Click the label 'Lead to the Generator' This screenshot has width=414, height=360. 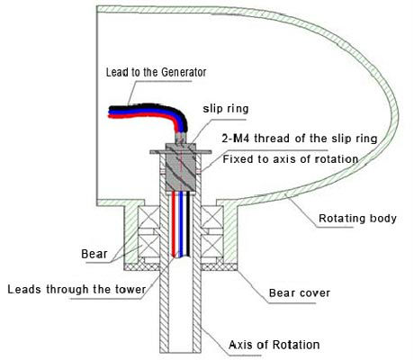(x=157, y=72)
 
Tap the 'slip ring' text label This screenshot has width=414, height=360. (x=226, y=109)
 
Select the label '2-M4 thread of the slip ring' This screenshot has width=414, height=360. (x=300, y=139)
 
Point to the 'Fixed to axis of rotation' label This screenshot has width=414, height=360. (x=291, y=159)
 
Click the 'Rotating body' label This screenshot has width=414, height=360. (x=357, y=219)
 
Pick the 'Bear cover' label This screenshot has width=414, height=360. (x=300, y=292)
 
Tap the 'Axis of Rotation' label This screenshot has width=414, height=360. (x=274, y=345)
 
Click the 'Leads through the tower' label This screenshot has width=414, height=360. (x=76, y=290)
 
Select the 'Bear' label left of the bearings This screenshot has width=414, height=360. (x=94, y=254)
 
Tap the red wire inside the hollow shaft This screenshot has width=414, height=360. (x=174, y=223)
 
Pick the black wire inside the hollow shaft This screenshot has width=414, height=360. (x=188, y=223)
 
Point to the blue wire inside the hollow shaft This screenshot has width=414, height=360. (x=181, y=223)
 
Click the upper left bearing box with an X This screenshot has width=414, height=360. (x=148, y=217)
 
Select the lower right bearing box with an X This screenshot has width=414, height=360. (x=212, y=246)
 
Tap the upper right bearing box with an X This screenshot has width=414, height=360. (x=212, y=217)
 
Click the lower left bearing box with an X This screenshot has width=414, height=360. (x=148, y=246)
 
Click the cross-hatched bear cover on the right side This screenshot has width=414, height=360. (x=220, y=266)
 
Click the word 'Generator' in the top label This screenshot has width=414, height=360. (x=184, y=72)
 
